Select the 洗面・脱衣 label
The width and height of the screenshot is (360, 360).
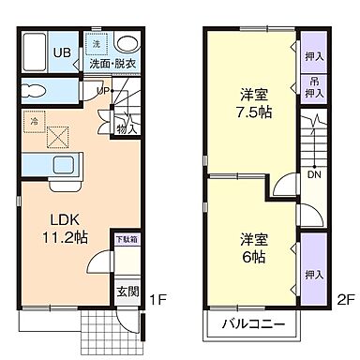tap(112, 64)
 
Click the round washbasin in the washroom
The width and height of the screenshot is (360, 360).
tap(127, 43)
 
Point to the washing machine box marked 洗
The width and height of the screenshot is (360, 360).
tap(96, 45)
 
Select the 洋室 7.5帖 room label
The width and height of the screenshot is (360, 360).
tap(253, 102)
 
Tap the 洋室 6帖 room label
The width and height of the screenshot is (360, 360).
tap(251, 246)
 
